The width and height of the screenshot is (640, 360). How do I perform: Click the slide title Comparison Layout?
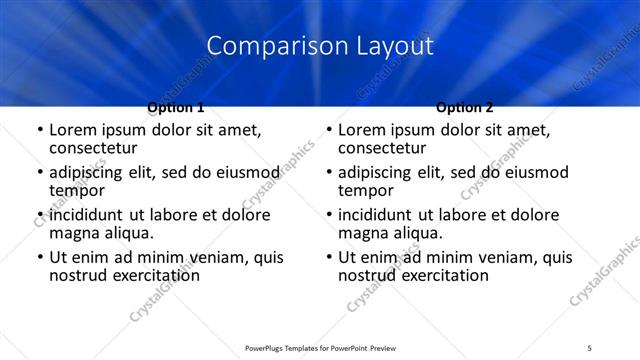tap(320, 46)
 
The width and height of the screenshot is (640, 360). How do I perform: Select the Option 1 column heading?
tap(176, 107)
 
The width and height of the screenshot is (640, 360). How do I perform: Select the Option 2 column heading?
tap(465, 107)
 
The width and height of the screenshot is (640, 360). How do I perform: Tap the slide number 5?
tap(590, 348)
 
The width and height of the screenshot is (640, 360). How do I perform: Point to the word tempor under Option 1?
tap(77, 190)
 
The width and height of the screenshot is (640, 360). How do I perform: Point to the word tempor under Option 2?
tap(366, 190)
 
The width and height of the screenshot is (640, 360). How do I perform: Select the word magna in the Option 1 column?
tap(75, 233)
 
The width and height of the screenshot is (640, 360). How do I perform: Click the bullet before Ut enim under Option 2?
tap(330, 257)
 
